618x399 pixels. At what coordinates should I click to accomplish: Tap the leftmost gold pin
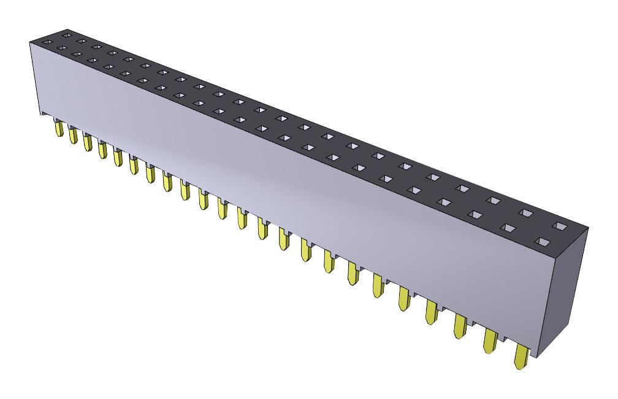click(59, 128)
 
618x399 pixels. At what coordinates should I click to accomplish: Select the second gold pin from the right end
click(490, 341)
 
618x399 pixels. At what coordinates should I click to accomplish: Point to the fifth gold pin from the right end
click(403, 298)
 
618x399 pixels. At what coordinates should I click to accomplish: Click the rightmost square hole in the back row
click(559, 227)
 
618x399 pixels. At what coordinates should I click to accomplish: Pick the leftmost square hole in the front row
click(61, 48)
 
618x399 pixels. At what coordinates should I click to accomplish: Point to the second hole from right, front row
click(508, 227)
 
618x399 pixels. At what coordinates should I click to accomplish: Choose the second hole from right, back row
click(525, 213)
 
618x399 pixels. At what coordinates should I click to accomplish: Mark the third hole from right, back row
click(494, 200)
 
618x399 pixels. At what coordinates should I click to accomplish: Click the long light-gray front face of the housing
click(276, 178)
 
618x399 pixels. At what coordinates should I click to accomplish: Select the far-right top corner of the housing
click(588, 228)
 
